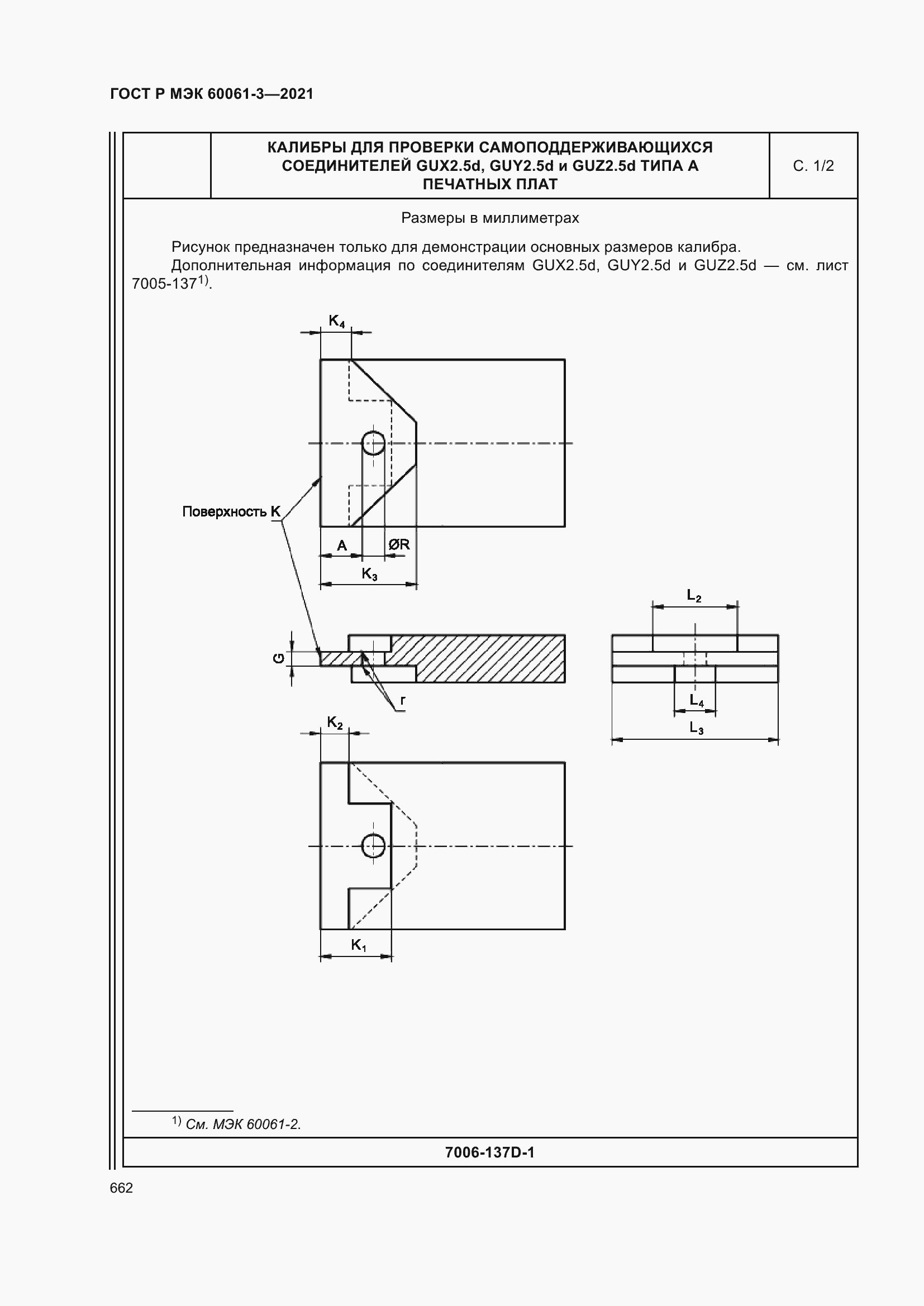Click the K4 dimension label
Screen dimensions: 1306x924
(x=336, y=322)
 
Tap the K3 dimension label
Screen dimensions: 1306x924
(x=369, y=574)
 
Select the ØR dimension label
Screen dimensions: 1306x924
(x=399, y=544)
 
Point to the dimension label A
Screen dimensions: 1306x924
(x=342, y=546)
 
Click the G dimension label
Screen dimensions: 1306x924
(x=279, y=658)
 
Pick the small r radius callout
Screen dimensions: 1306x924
(x=403, y=700)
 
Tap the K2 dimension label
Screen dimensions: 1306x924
(x=335, y=723)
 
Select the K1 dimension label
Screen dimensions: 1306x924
(x=359, y=945)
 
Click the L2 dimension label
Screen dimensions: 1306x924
(x=694, y=596)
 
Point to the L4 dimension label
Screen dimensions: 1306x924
(x=697, y=700)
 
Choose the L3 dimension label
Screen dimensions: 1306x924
(x=697, y=728)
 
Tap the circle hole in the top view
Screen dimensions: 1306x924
(x=373, y=443)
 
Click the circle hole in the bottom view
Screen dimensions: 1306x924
(x=373, y=846)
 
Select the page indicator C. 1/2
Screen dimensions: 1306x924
(x=813, y=166)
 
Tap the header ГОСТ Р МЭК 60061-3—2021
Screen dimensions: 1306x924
(x=212, y=94)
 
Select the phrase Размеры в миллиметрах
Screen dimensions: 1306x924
(x=490, y=218)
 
